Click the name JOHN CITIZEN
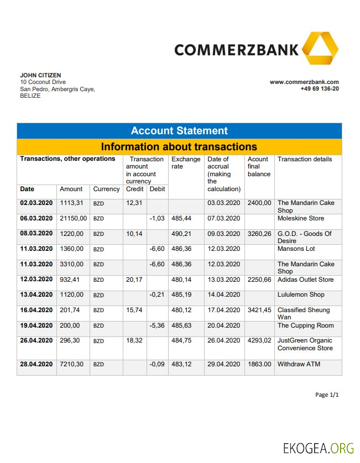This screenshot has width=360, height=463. pos(40,75)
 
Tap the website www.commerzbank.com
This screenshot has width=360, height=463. pos(304,82)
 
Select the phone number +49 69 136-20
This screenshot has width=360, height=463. pos(320,88)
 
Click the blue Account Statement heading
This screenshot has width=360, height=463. pos(179,131)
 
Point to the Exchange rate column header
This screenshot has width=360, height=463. pos(186,163)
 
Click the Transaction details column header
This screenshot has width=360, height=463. pos(305,159)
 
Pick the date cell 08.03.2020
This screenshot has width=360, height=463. pos(36,234)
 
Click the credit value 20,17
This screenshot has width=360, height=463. pos(134,280)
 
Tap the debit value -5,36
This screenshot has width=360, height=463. pos(157,325)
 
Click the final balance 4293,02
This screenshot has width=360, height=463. pos(259,341)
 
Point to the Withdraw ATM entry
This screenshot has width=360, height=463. pos(299,364)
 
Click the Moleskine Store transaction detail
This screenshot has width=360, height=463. pos(301,219)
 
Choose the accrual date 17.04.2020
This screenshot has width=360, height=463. pos(224,310)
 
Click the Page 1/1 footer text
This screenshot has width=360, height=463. pos(326,395)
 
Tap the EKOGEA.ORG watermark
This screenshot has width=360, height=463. pos(318,448)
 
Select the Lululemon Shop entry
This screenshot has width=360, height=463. pos(301,295)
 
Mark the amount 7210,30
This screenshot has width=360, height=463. pos(71,364)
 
